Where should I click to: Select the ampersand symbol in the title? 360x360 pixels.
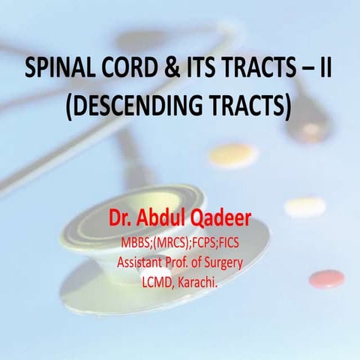[171, 73]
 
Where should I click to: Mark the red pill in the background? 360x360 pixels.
[326, 279]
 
